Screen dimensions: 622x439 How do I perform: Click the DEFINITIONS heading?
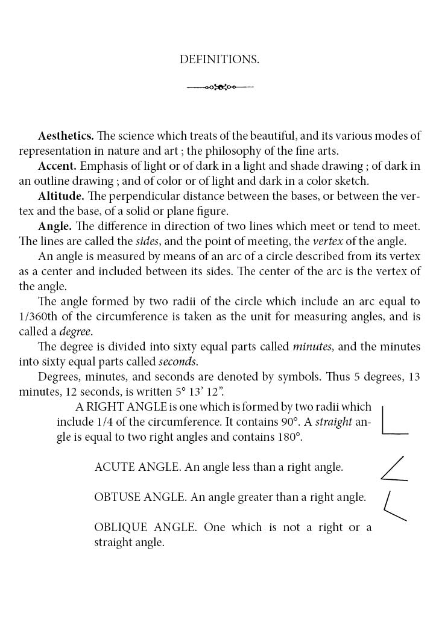click(219, 60)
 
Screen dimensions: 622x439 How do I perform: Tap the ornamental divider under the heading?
click(220, 87)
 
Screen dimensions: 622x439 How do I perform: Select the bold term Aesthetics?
click(66, 136)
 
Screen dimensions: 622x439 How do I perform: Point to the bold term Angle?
click(55, 226)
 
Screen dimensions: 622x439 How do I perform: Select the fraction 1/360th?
click(40, 317)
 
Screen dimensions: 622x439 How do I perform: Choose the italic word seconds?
click(177, 362)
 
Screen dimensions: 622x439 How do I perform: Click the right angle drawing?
click(394, 420)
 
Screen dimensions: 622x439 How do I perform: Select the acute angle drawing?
click(394, 469)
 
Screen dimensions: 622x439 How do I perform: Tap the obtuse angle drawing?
click(394, 506)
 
